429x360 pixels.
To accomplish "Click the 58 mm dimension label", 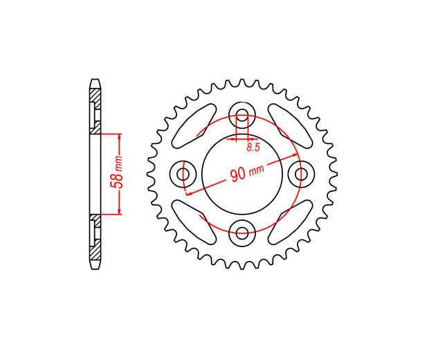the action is click(116, 172).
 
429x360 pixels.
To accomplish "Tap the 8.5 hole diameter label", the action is click(253, 147).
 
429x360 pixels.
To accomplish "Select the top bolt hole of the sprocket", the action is click(242, 115).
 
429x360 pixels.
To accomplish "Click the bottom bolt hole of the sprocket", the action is click(242, 233).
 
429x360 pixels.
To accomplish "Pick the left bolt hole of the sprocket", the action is click(183, 174).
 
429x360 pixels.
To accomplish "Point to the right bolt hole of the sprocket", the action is click(302, 174).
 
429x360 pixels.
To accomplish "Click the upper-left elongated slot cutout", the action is click(194, 126).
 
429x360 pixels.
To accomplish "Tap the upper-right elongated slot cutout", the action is click(290, 126).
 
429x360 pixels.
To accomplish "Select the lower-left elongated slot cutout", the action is click(194, 222).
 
